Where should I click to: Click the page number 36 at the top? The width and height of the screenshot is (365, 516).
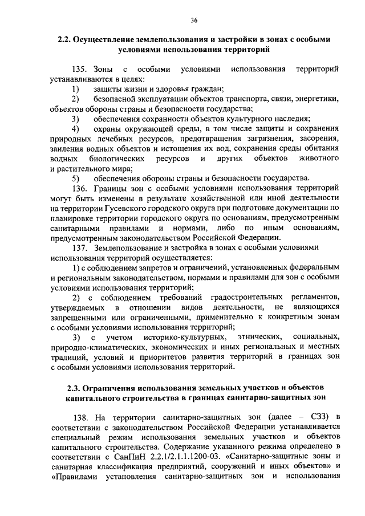tap(194, 21)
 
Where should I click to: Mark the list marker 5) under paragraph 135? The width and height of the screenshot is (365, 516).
tap(75, 177)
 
